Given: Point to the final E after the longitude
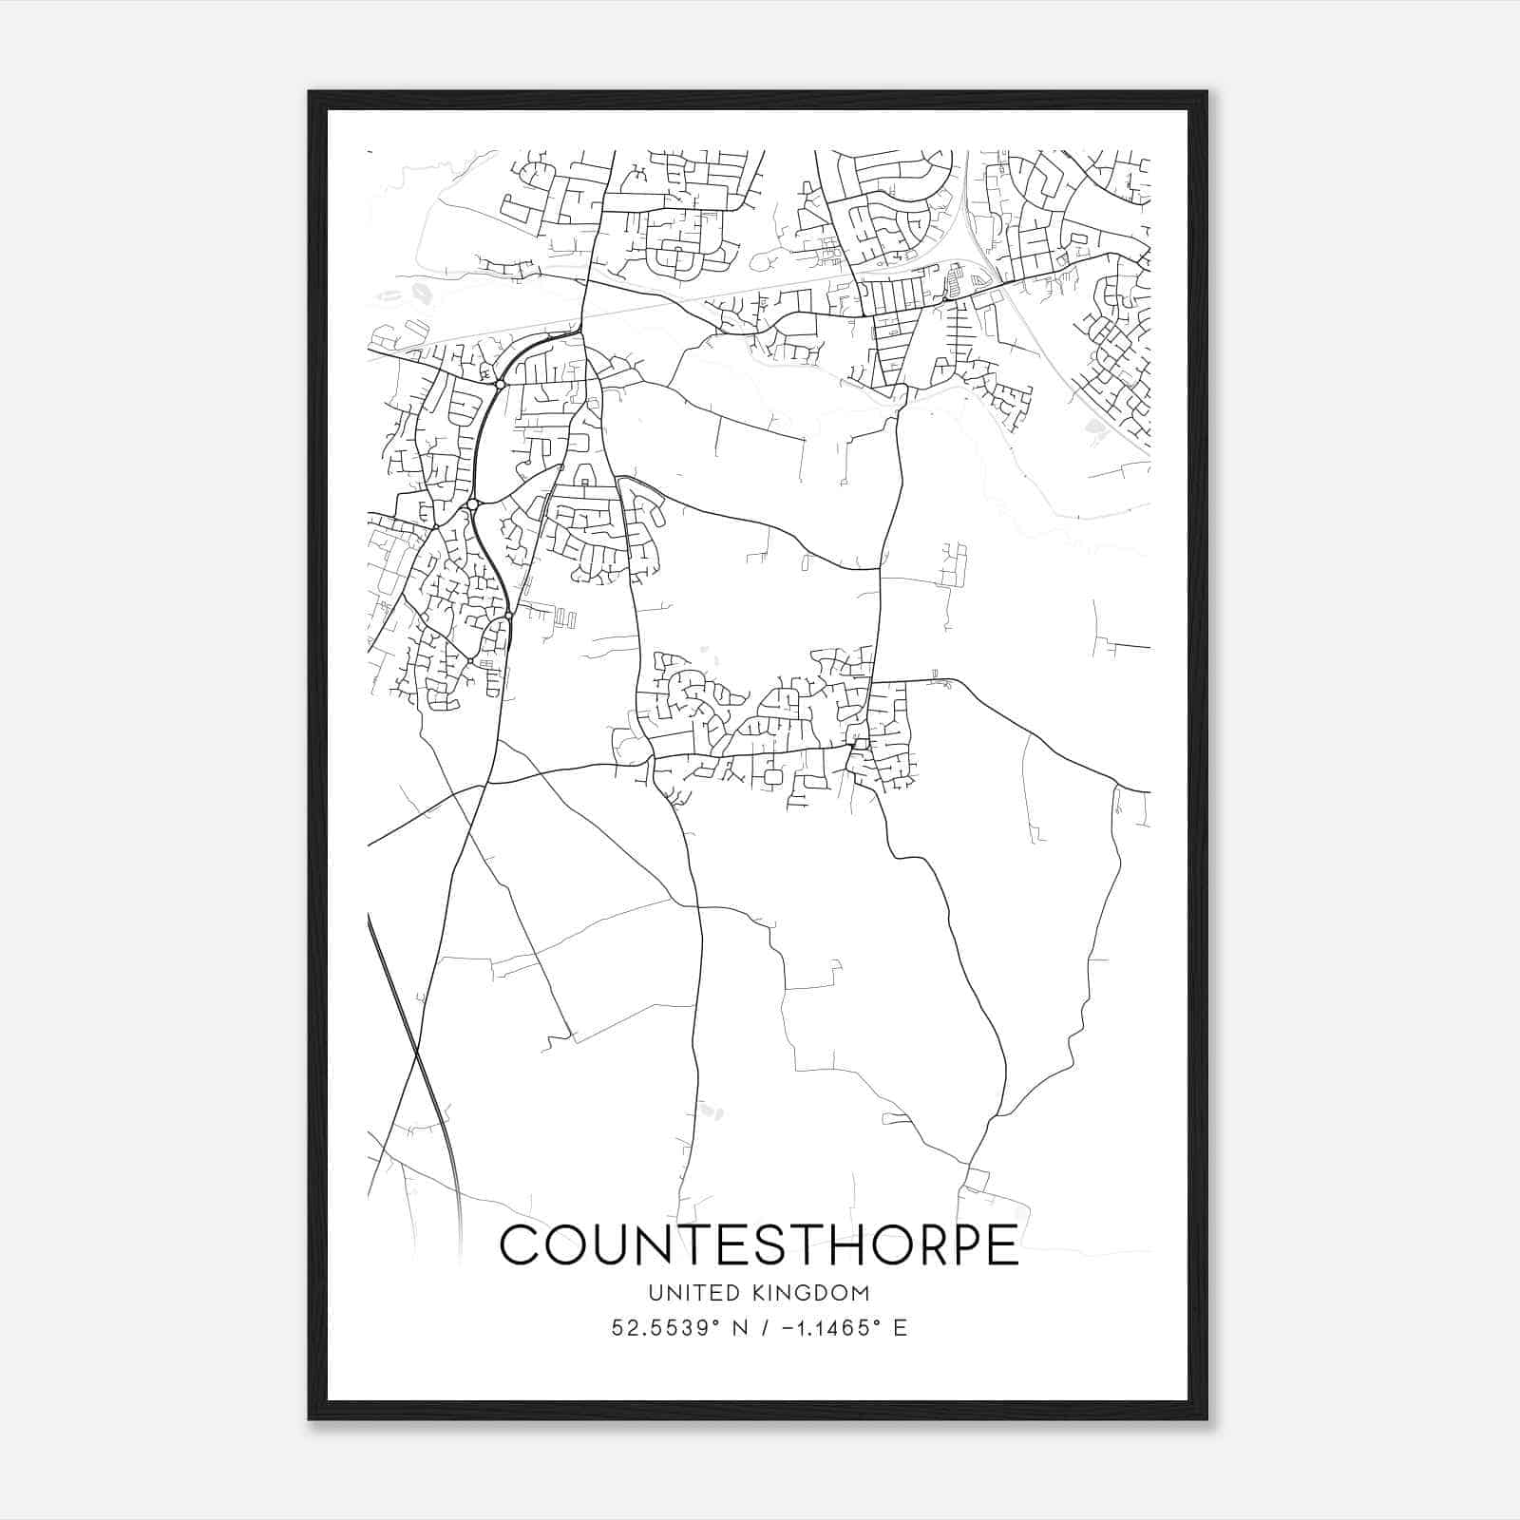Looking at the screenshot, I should pos(900,1327).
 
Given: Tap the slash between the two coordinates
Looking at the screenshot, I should pos(763,1327).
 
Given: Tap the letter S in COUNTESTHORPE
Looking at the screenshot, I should pos(770,1244).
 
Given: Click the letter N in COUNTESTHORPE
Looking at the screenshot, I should pos(657,1244).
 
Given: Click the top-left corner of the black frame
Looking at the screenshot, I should pos(310,92).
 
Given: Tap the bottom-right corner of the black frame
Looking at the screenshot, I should pos(1206,1419).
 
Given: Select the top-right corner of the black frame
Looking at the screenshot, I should pos(1206,92).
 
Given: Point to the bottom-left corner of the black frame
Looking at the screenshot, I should pos(310,1419).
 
